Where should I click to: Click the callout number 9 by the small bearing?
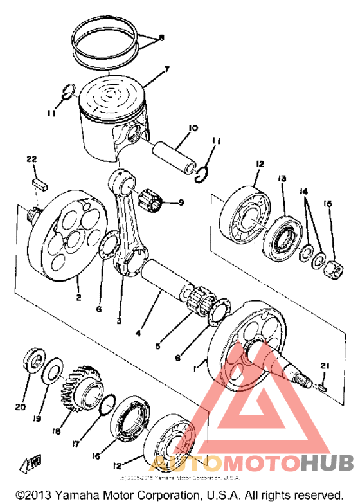[x=181, y=203]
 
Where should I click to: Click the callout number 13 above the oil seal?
[x=281, y=177]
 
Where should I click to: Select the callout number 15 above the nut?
[x=328, y=204]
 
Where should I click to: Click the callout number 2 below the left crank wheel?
[x=78, y=298]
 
